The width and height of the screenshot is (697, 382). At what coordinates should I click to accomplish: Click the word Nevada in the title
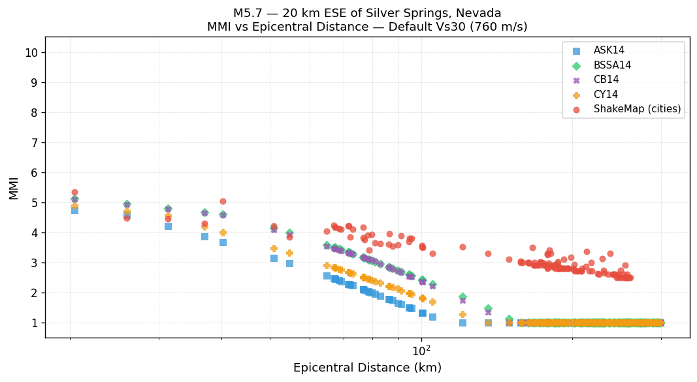479,13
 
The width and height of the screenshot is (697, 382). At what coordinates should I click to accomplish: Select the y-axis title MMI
14,187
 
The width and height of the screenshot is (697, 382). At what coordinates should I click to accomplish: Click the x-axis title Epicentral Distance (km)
367,368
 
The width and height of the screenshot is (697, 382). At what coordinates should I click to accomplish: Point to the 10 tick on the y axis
33,52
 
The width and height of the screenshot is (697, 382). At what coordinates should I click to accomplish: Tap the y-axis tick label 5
36,202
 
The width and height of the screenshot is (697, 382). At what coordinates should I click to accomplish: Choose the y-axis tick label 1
36,323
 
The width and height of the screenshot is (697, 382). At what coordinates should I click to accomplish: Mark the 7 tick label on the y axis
36,142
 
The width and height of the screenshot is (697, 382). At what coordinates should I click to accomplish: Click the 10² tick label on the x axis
421,351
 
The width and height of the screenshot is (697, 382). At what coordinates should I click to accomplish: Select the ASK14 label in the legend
609,51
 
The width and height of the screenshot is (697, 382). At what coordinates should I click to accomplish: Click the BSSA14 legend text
612,65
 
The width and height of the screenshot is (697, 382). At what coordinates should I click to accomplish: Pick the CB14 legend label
606,80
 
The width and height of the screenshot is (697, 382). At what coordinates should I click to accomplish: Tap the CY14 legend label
606,95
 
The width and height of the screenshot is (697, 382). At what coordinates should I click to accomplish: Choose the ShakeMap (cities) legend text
637,109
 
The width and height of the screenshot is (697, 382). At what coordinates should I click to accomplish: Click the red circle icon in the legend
576,109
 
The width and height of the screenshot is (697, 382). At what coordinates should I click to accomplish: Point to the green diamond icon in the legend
576,65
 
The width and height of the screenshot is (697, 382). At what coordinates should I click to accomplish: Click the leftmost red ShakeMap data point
74,192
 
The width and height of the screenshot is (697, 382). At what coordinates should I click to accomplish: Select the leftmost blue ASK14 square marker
74,210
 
